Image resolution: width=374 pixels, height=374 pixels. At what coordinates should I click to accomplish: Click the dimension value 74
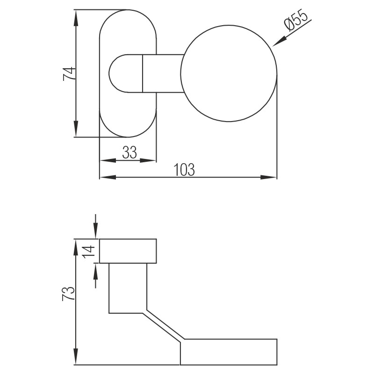pos(68,74)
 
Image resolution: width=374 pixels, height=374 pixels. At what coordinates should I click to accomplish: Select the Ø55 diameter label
pos(296,21)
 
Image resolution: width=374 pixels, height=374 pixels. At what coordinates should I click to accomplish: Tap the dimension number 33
pos(129,152)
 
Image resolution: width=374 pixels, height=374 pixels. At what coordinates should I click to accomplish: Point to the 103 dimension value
pos(184,169)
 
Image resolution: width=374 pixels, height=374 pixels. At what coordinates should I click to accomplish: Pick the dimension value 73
pos(68,293)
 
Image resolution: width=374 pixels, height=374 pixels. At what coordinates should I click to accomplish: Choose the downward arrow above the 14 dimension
pos(96,232)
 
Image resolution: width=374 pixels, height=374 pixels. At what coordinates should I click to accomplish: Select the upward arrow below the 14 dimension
pos(96,270)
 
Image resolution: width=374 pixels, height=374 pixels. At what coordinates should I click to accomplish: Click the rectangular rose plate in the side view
pos(128,251)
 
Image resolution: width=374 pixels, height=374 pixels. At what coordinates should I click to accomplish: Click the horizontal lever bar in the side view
pos(229,352)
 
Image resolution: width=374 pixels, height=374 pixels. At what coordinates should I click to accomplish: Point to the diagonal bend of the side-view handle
pos(164,327)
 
